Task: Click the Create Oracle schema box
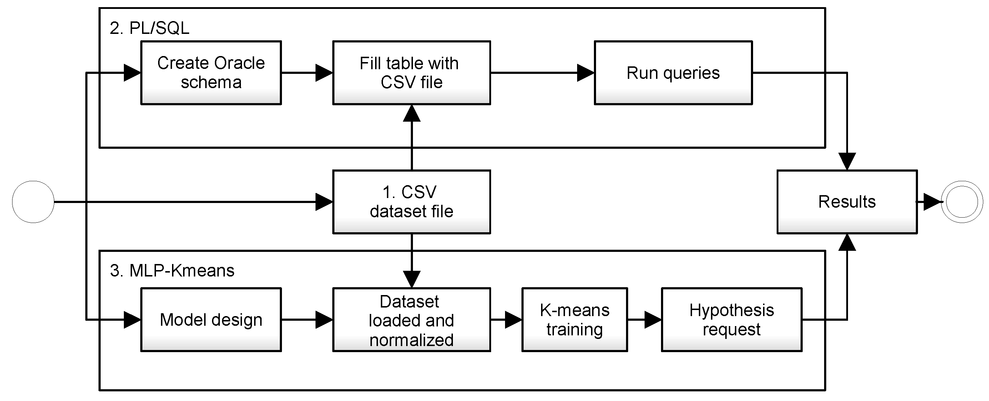(211, 72)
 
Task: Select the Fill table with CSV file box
(411, 72)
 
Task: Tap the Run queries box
(673, 72)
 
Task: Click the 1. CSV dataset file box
(411, 202)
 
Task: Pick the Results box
(847, 202)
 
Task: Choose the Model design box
(211, 319)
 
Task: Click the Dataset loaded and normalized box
(411, 319)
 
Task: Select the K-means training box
(574, 319)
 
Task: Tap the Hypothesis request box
(731, 319)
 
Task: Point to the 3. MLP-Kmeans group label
(172, 270)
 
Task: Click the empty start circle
(33, 202)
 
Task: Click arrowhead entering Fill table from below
(412, 113)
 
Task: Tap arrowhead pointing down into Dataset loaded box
(412, 279)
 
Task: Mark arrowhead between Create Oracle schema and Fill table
(324, 72)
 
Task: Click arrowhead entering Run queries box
(585, 72)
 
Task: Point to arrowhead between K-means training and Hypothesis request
(652, 319)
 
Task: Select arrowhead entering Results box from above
(847, 161)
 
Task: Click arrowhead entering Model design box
(132, 319)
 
